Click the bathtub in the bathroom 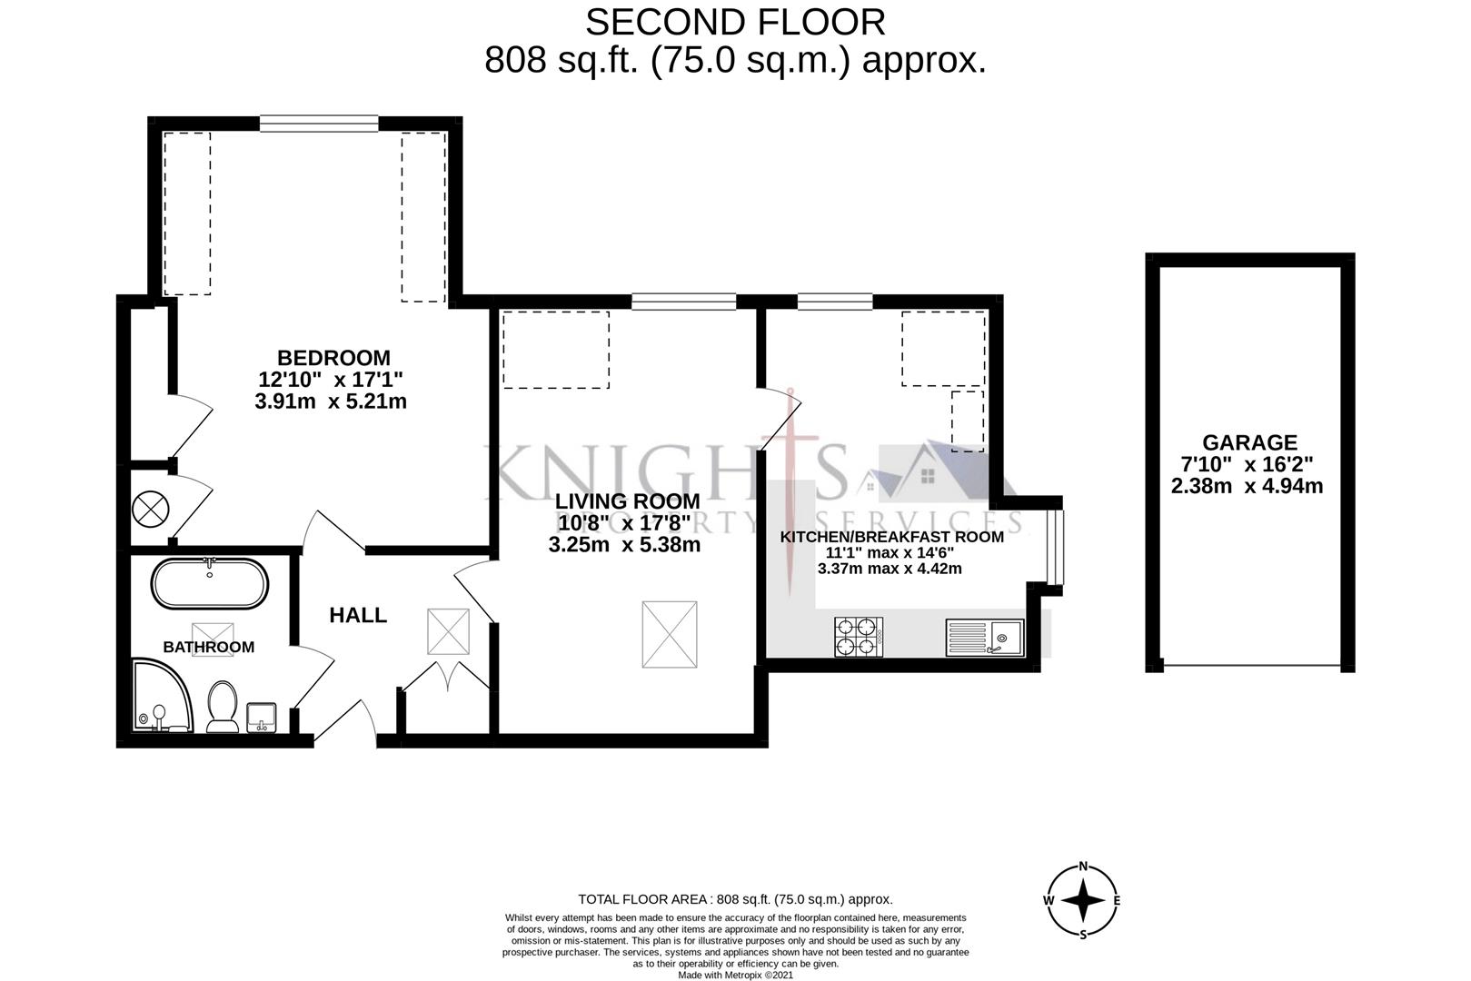tap(210, 584)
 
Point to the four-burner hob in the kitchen tap(859, 637)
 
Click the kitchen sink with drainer tap(985, 638)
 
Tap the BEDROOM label tap(333, 358)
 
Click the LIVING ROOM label tap(628, 501)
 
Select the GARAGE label tap(1249, 442)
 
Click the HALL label tap(358, 615)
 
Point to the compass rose tap(1082, 901)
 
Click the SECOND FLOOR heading tap(735, 22)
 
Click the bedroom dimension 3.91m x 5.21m tap(331, 401)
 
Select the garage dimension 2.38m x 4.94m tap(1247, 486)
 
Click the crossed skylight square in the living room tap(670, 633)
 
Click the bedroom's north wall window tap(318, 121)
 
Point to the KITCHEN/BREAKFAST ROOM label tap(891, 537)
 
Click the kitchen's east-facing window tap(1053, 548)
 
